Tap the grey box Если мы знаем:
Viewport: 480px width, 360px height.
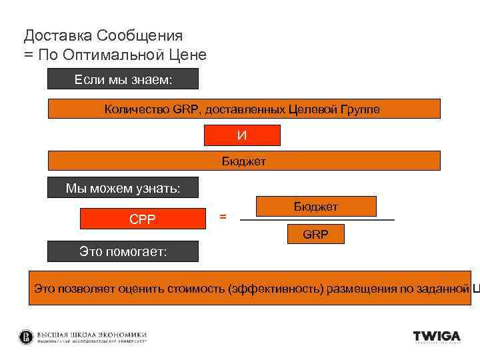click(123, 80)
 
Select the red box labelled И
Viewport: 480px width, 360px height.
click(242, 135)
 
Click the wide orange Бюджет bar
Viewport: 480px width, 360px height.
click(245, 161)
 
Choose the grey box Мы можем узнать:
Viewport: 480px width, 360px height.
click(123, 188)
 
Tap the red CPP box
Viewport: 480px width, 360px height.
click(143, 219)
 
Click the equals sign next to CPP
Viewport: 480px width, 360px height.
click(223, 217)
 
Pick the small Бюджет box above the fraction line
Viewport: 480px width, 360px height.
click(316, 207)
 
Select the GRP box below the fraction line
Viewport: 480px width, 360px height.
click(315, 235)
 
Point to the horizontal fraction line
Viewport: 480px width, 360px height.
click(317, 220)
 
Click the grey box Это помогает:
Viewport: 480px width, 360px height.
click(123, 251)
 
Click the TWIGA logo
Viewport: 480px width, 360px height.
click(437, 337)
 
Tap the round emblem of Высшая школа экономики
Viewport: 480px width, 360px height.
click(26, 337)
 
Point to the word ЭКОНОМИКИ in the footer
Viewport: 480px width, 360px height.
click(122, 334)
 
